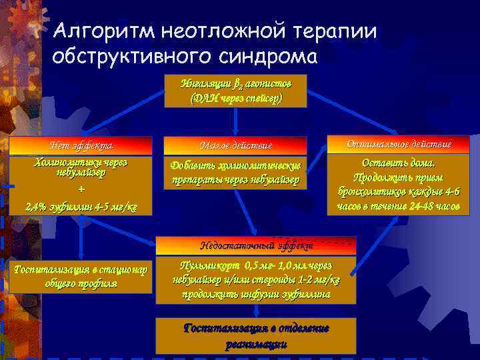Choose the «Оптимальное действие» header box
[399, 144]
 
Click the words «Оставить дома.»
[399, 163]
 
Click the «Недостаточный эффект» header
[256, 245]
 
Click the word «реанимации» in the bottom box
[256, 345]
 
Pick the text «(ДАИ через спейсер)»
[235, 97]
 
